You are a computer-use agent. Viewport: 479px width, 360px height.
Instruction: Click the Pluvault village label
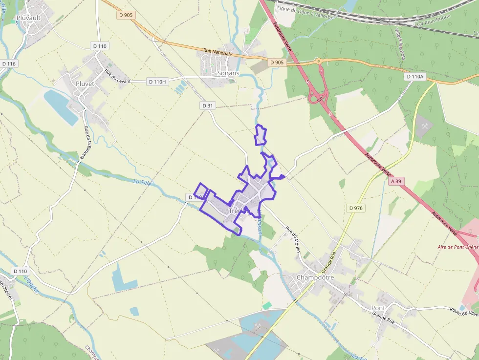click(x=28, y=18)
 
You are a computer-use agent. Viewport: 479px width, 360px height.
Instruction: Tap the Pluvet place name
click(x=85, y=84)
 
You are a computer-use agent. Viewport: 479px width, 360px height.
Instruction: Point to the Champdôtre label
click(x=315, y=277)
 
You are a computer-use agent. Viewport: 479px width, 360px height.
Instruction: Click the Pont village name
click(x=378, y=308)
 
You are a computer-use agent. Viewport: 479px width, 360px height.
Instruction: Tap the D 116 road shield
click(x=9, y=64)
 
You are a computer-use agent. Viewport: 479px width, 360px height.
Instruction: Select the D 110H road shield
click(x=157, y=81)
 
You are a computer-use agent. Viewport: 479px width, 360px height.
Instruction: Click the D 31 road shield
click(x=208, y=106)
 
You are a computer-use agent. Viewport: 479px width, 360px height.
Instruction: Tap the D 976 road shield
click(x=356, y=208)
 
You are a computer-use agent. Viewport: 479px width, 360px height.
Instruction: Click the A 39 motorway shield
click(x=396, y=181)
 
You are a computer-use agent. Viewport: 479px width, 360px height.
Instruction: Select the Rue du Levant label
click(x=117, y=77)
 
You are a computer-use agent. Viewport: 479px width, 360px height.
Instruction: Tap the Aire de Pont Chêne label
click(x=457, y=247)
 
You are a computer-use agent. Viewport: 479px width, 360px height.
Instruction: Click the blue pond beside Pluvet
click(x=61, y=106)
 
